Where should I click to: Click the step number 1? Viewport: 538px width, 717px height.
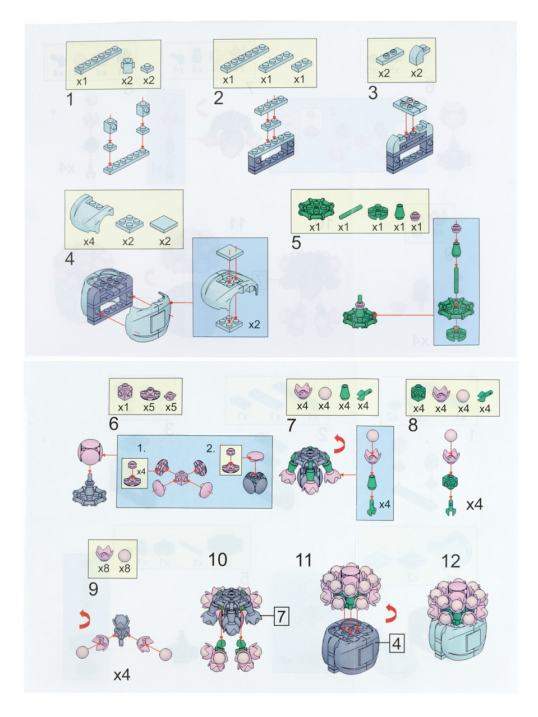point(70,99)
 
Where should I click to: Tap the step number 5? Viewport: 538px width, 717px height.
point(296,243)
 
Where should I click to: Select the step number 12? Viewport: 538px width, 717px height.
point(450,561)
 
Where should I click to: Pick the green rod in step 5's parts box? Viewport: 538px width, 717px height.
point(351,212)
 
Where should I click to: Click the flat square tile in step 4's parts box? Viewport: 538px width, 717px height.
point(164,224)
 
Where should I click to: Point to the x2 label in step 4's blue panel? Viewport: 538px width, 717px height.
point(254,325)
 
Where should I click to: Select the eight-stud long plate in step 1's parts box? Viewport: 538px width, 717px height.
point(98,60)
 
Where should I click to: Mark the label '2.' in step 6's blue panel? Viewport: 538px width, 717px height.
point(211,449)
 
